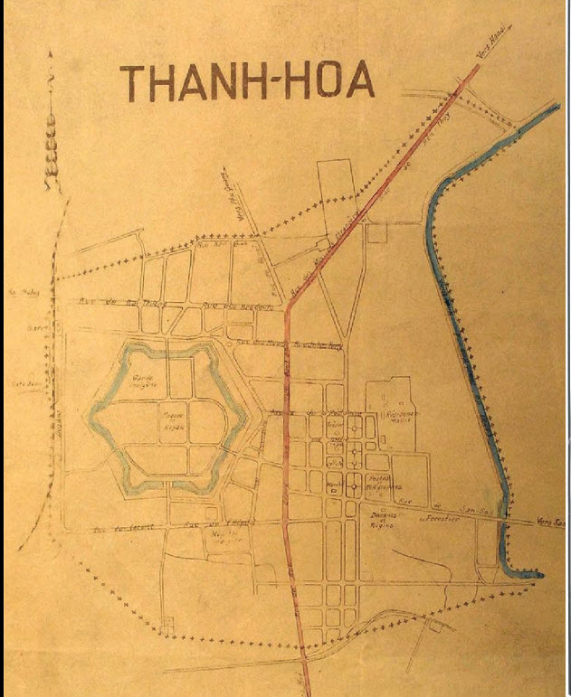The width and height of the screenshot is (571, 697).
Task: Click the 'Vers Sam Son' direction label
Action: point(551,523)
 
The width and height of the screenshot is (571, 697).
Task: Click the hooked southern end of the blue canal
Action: point(525,571)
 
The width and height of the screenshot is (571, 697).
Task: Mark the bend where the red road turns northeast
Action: point(288,307)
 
